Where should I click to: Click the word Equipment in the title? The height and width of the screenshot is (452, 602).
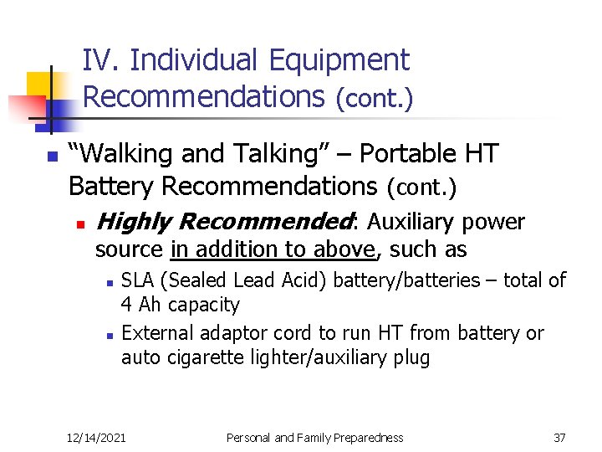(339, 60)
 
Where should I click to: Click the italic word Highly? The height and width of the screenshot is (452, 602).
(134, 222)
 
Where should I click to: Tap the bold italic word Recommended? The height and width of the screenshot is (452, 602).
(266, 222)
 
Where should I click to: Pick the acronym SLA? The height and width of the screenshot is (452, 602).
(139, 280)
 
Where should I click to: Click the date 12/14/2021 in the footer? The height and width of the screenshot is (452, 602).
(96, 437)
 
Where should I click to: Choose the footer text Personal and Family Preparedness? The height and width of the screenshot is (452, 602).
(315, 437)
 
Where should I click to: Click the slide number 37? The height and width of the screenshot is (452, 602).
(559, 437)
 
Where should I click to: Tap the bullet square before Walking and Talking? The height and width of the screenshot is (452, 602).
(51, 157)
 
